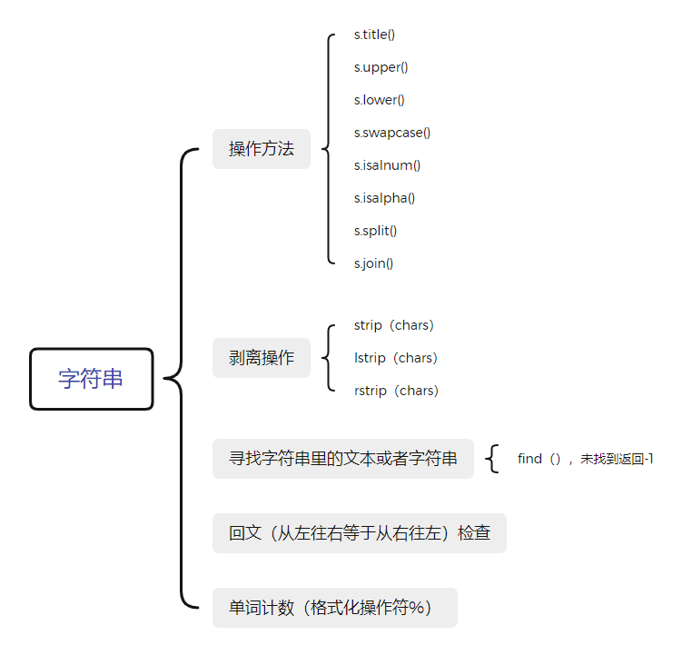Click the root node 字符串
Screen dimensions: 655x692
click(x=92, y=379)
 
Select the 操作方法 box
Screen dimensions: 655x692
click(x=262, y=148)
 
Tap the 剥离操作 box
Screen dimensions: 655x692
click(x=262, y=358)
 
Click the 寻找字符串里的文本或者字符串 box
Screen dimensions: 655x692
click(x=343, y=459)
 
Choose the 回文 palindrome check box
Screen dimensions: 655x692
click(x=360, y=533)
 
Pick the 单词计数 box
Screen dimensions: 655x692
click(x=335, y=608)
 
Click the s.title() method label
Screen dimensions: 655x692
click(x=374, y=35)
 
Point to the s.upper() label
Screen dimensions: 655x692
click(x=381, y=67)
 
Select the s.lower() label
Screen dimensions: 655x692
click(x=380, y=100)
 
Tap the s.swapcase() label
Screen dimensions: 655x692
click(x=392, y=133)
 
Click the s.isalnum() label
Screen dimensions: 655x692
click(x=387, y=165)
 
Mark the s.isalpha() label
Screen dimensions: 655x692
click(x=384, y=198)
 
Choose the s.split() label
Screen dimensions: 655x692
click(x=375, y=231)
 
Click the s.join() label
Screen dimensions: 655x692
click(x=373, y=263)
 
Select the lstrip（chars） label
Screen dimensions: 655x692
click(x=396, y=358)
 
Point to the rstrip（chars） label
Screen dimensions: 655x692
click(x=396, y=391)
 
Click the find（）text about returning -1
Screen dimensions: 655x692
click(x=586, y=459)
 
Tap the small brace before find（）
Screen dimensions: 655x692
click(x=492, y=459)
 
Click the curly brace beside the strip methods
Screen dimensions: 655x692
click(x=329, y=358)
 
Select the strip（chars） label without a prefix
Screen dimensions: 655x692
click(x=394, y=325)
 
